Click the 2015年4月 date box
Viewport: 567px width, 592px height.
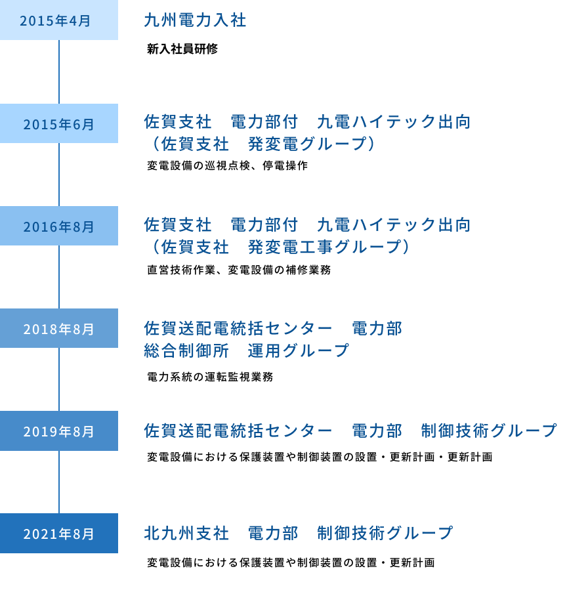59,20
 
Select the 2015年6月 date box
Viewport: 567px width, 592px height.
59,123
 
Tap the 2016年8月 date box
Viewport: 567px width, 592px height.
59,226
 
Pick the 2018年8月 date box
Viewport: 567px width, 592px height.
59,328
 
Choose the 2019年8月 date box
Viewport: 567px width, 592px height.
59,431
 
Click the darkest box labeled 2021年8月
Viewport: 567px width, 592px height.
59,534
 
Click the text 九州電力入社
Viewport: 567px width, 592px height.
195,20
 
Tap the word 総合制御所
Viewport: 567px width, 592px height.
186,351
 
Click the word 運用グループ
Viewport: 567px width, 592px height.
298,351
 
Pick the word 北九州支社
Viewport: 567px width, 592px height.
186,533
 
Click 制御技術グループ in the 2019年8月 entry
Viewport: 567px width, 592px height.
489,431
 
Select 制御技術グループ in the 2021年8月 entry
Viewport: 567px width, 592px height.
385,533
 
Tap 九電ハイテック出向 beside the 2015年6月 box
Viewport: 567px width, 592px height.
394,122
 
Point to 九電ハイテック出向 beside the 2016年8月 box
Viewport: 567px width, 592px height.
394,225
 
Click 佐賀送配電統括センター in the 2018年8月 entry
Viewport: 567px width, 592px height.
238,328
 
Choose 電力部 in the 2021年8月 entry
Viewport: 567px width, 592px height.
272,533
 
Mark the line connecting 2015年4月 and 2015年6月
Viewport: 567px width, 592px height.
59,72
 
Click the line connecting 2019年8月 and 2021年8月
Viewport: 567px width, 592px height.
59,482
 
